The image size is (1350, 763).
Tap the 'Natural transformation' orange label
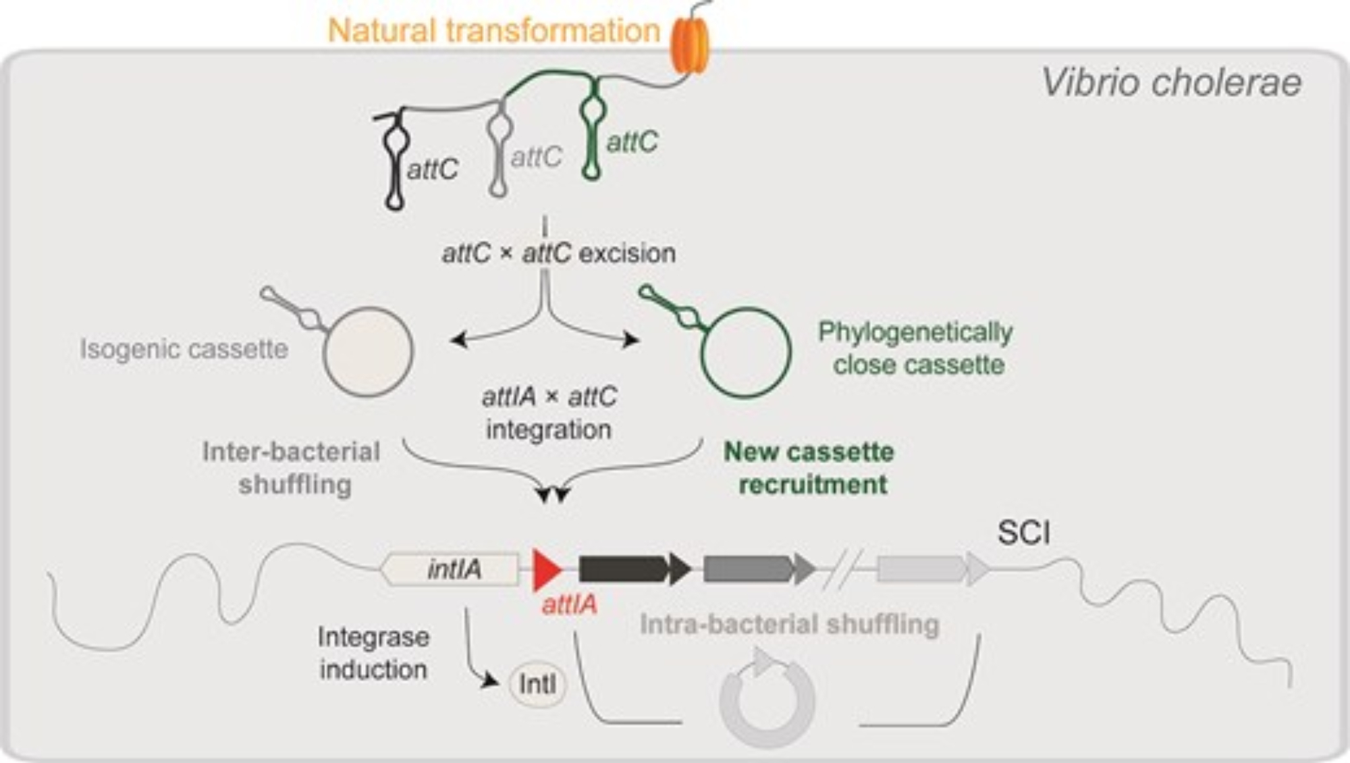click(493, 31)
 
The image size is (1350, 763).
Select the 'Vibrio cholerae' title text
click(1171, 83)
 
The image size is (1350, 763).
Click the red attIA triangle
click(546, 570)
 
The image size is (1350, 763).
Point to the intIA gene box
click(451, 569)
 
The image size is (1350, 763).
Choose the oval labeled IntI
click(537, 685)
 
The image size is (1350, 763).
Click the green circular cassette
click(746, 352)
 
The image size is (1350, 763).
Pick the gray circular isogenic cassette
click(368, 351)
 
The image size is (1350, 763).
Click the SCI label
click(1023, 533)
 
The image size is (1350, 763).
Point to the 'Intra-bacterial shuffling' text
click(789, 625)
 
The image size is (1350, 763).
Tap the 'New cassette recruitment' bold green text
click(809, 468)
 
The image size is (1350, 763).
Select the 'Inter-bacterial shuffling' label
click(292, 468)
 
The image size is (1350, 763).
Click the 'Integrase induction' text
click(373, 653)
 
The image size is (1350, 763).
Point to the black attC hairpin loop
click(395, 162)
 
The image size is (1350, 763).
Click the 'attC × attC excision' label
click(558, 254)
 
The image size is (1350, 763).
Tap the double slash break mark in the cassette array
click(844, 569)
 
